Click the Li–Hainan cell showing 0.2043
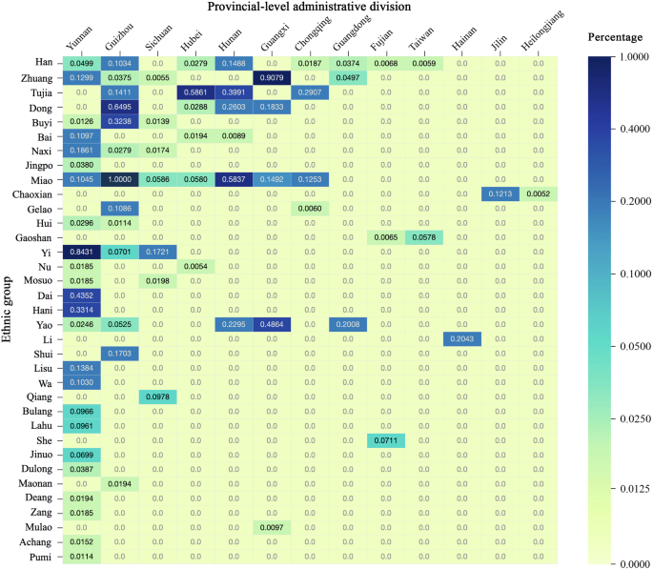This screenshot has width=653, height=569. click(462, 339)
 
